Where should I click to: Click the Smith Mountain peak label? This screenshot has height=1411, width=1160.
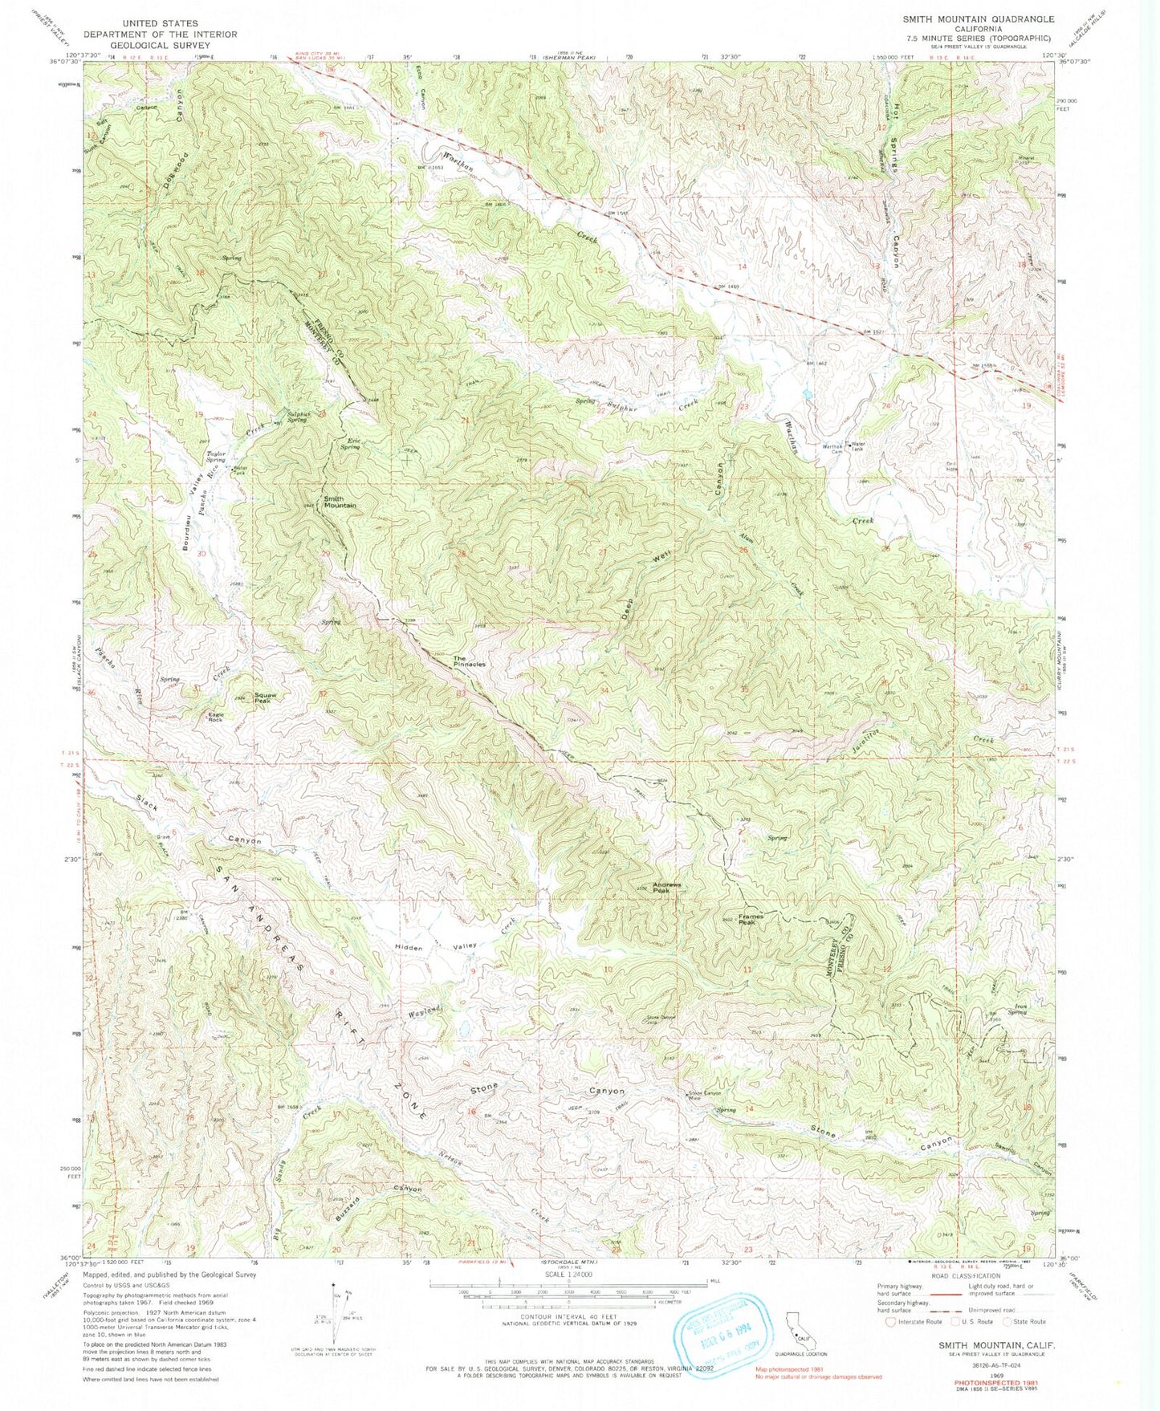pyautogui.click(x=340, y=502)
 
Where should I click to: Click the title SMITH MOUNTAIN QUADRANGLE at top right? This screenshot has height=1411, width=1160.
pyautogui.click(x=978, y=18)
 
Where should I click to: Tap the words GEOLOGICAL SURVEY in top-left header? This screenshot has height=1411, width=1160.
pyautogui.click(x=166, y=45)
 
